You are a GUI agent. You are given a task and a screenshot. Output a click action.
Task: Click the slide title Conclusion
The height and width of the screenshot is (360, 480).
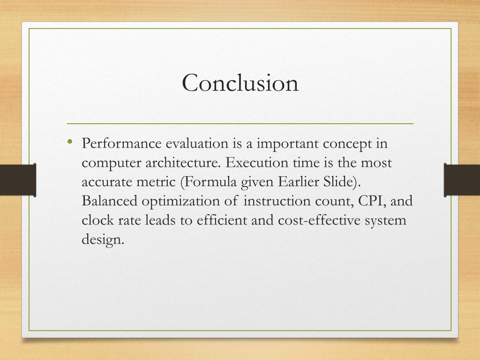(240, 82)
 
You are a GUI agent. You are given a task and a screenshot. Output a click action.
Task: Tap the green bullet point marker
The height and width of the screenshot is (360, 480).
(70, 141)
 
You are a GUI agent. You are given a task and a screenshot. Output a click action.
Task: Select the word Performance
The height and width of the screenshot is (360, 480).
(121, 143)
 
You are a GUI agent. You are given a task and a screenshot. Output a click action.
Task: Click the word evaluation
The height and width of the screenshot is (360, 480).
(197, 143)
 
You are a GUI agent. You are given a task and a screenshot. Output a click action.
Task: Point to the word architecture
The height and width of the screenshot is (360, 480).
(183, 163)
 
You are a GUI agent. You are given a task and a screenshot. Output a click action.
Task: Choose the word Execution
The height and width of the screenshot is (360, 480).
(257, 162)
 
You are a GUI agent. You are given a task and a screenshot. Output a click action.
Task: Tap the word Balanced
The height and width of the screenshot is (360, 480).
(109, 201)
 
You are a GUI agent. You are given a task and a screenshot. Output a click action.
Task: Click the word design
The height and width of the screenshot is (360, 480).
(103, 240)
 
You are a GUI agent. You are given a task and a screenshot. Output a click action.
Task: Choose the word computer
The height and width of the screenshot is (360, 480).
(112, 163)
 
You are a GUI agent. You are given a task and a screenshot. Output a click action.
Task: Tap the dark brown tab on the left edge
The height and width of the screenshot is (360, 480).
(18, 180)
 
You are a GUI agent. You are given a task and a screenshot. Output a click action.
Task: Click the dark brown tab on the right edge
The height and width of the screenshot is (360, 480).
(462, 180)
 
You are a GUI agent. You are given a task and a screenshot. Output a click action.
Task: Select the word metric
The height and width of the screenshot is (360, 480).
(156, 182)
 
